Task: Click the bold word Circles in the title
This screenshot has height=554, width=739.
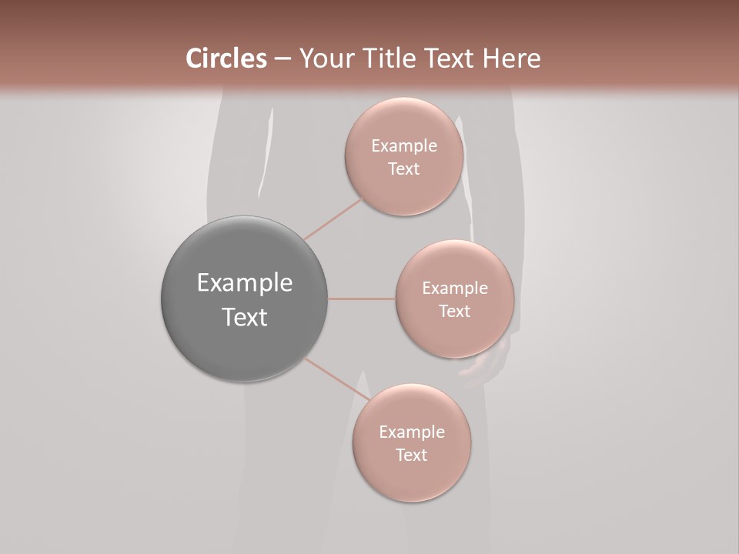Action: pyautogui.click(x=226, y=58)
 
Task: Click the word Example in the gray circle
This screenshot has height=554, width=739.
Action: pyautogui.click(x=245, y=283)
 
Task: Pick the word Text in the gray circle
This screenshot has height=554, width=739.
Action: pyautogui.click(x=245, y=317)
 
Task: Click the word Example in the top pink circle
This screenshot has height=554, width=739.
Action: pyautogui.click(x=404, y=146)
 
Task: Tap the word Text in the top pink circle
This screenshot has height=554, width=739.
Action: pyautogui.click(x=404, y=169)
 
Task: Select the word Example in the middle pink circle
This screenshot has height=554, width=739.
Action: pyautogui.click(x=454, y=289)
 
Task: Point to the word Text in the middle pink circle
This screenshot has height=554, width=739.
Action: pyautogui.click(x=454, y=312)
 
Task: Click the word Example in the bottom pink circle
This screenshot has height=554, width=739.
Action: pyautogui.click(x=411, y=432)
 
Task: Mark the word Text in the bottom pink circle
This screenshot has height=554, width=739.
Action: pyautogui.click(x=411, y=456)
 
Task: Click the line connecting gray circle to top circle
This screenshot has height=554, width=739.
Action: pyautogui.click(x=333, y=219)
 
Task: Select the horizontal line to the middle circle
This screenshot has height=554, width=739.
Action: pyautogui.click(x=362, y=299)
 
